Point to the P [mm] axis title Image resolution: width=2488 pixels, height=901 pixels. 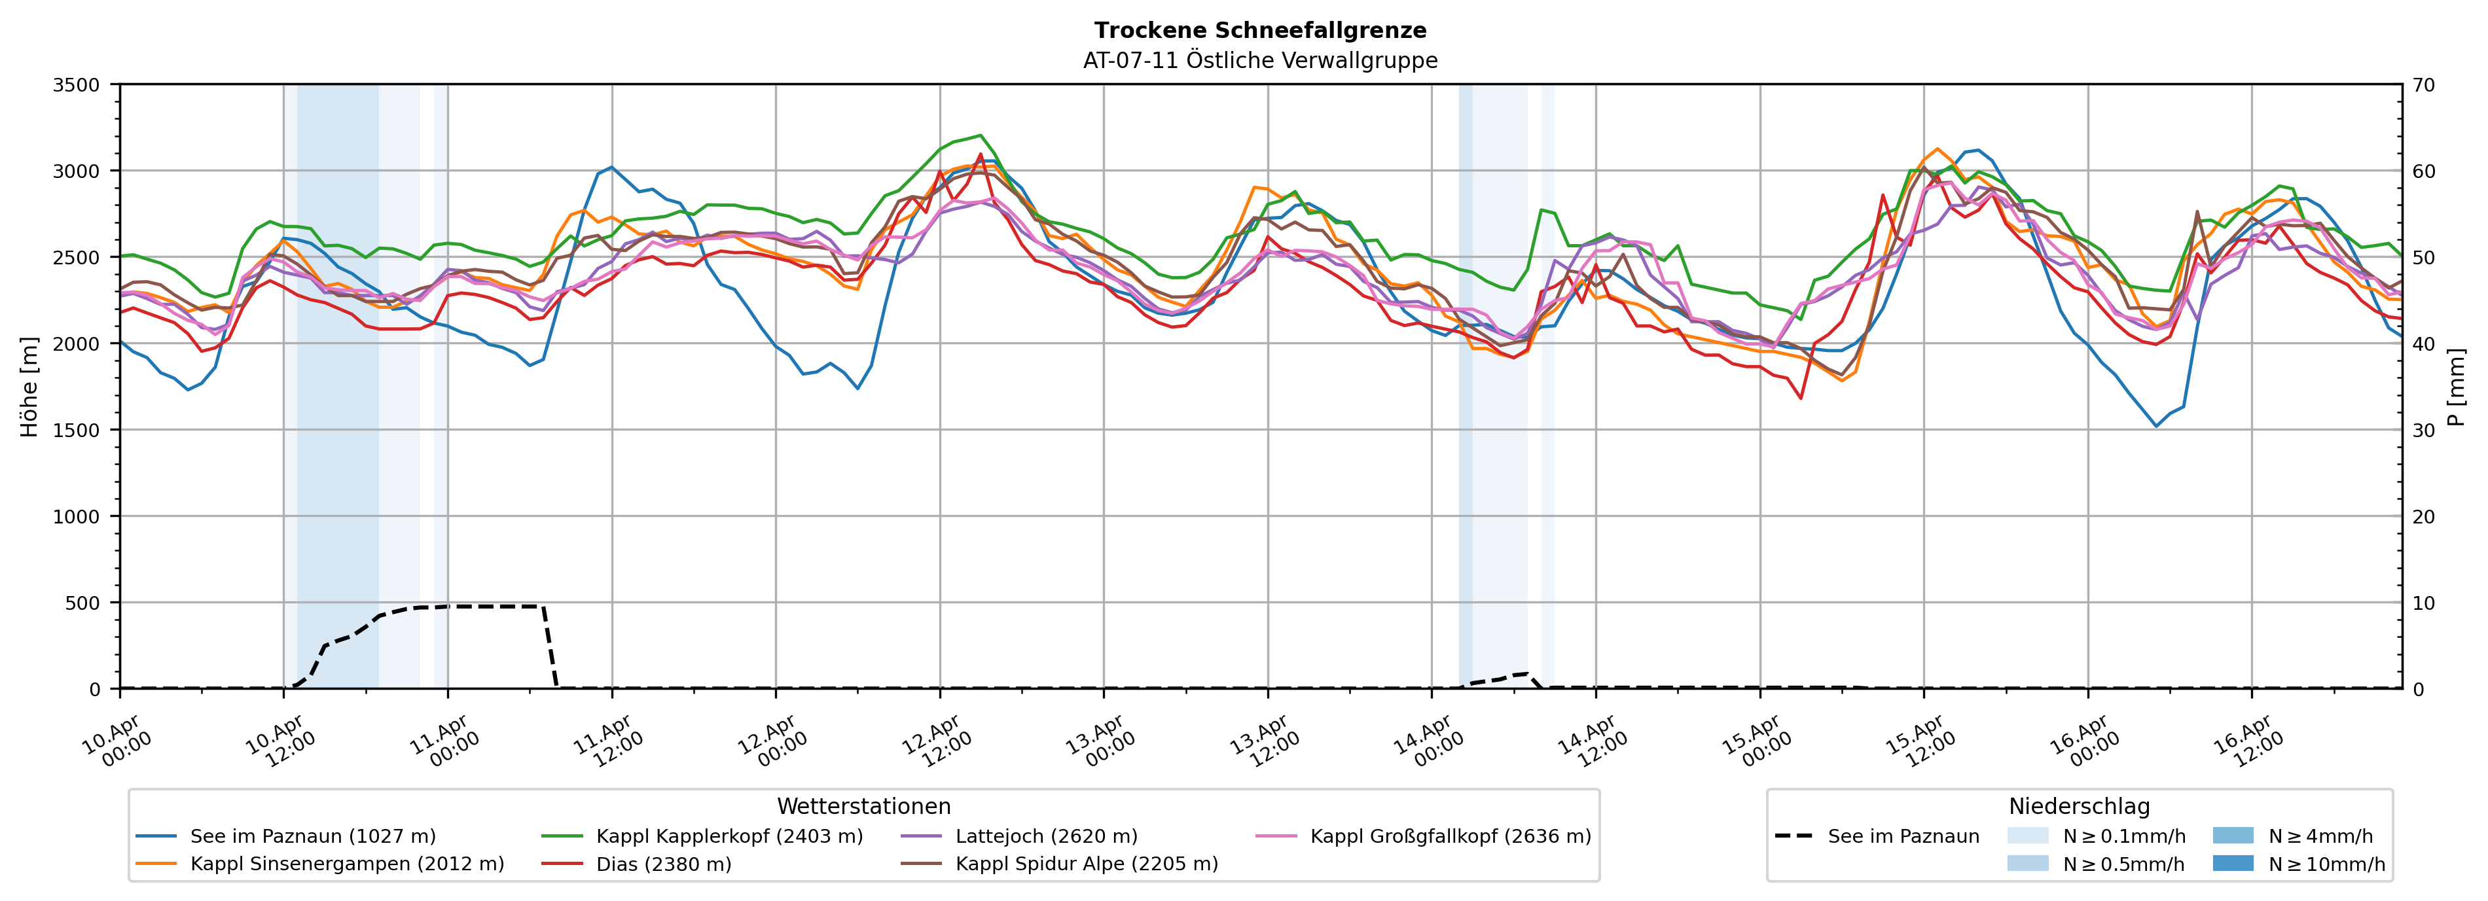(x=2456, y=386)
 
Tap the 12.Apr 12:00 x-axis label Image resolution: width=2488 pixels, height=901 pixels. (x=934, y=741)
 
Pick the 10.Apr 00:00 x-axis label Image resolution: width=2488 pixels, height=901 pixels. (x=115, y=741)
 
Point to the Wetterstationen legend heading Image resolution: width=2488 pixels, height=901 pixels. (x=863, y=806)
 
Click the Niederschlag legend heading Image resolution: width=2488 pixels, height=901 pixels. (x=2078, y=806)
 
